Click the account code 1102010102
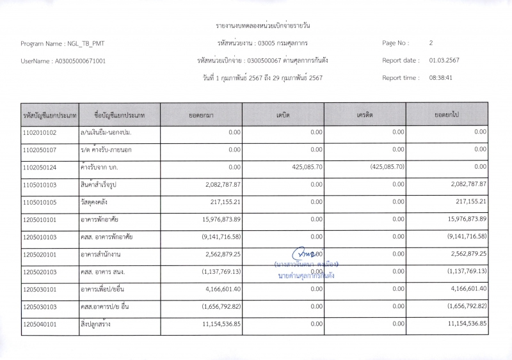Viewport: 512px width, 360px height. (x=40, y=132)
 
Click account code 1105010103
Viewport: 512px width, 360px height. (x=40, y=184)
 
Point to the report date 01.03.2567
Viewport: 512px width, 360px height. (x=444, y=61)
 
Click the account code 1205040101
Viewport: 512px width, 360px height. (x=40, y=324)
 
